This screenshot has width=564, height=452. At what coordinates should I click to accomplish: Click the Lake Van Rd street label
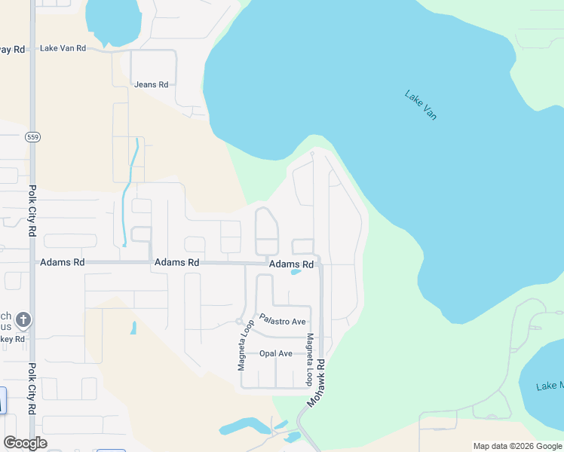point(63,48)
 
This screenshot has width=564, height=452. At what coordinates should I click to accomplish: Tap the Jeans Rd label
point(151,84)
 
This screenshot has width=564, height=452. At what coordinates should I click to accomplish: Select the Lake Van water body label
point(421,105)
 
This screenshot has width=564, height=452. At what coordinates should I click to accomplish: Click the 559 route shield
point(32,137)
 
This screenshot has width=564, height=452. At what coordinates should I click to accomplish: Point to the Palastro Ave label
point(283,321)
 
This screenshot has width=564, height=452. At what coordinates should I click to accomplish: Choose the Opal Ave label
point(275,353)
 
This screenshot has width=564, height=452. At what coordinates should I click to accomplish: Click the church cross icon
point(23,319)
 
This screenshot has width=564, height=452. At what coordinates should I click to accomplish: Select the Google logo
point(25,443)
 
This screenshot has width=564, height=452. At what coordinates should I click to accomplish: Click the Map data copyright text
point(518,446)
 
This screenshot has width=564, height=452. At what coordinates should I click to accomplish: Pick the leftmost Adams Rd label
point(62,262)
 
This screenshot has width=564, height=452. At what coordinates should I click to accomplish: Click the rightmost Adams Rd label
point(291,264)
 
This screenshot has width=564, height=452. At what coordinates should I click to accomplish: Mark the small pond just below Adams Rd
point(296,273)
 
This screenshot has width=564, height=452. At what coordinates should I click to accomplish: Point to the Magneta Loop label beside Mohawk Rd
point(309,360)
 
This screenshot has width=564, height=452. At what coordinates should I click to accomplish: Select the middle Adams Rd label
point(176,263)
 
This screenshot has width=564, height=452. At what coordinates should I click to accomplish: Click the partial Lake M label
point(549,386)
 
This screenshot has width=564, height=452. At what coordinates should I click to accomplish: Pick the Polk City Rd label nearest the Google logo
point(32,389)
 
